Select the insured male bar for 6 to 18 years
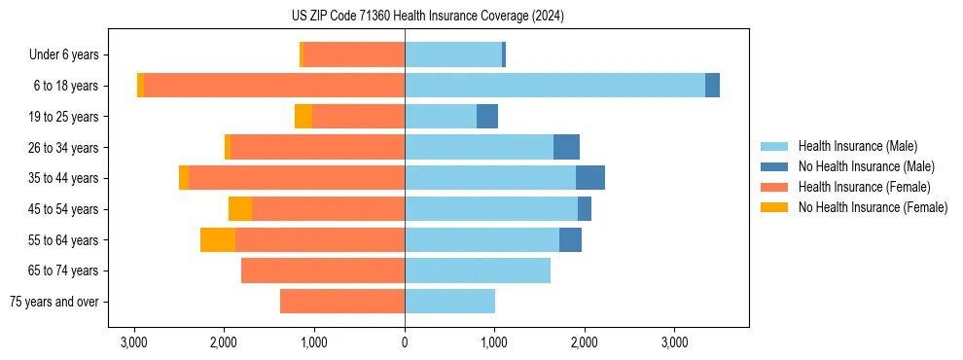pyautogui.click(x=554, y=86)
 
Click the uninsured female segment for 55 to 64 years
pyautogui.click(x=218, y=239)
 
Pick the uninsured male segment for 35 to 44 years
pyautogui.click(x=590, y=178)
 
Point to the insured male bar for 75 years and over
pyautogui.click(x=449, y=302)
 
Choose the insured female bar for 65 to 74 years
pyautogui.click(x=323, y=270)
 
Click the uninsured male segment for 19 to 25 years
pyautogui.click(x=487, y=117)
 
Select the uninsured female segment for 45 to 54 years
pyautogui.click(x=240, y=209)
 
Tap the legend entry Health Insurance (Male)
pyautogui.click(x=857, y=146)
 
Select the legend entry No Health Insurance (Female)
pyautogui.click(x=872, y=207)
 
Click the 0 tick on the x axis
pyautogui.click(x=405, y=342)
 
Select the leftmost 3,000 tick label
pyautogui.click(x=134, y=342)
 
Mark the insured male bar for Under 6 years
pyautogui.click(x=453, y=54)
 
